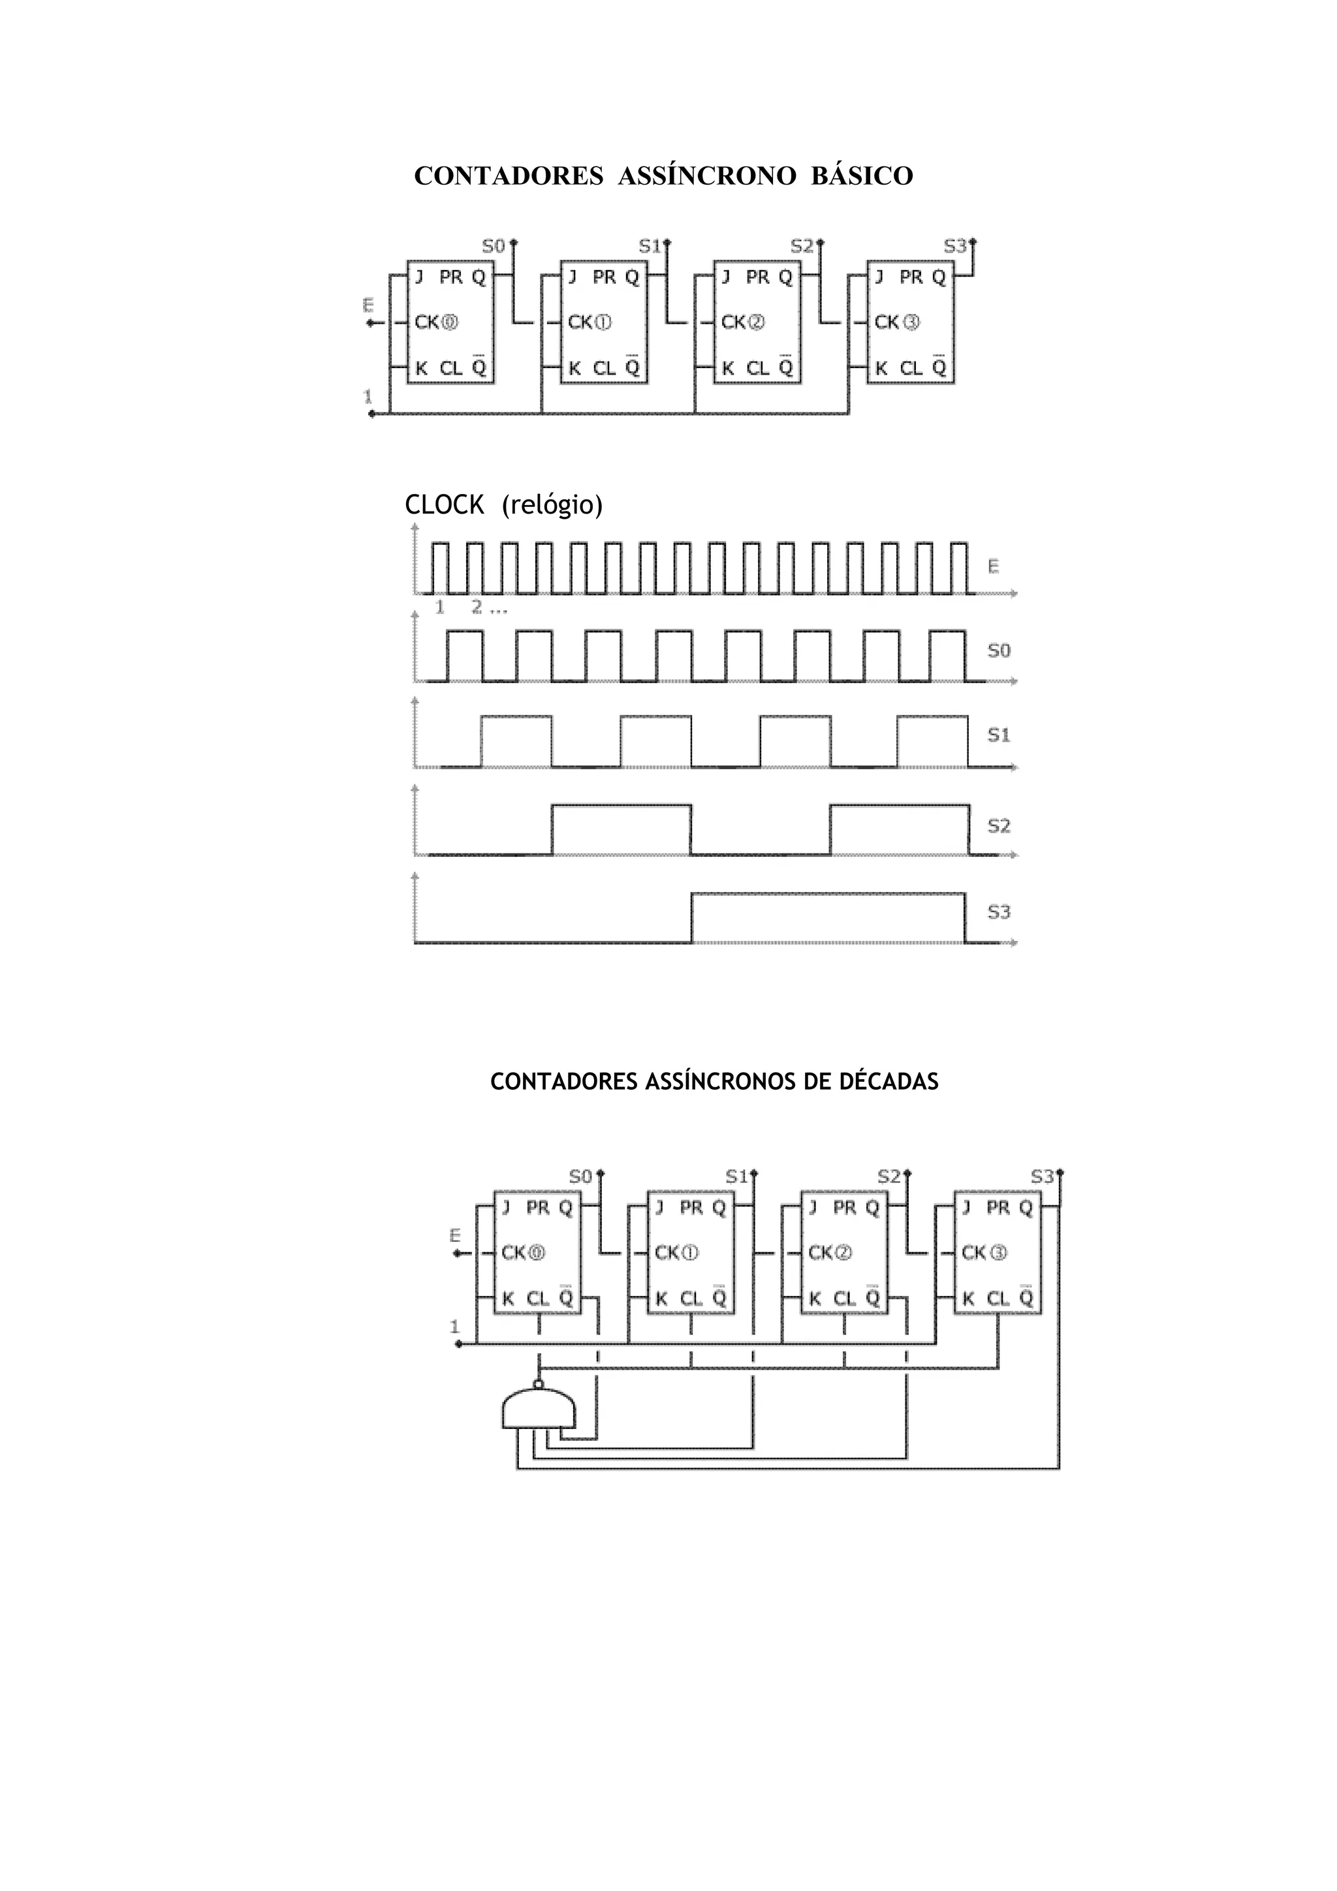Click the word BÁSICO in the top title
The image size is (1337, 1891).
(862, 176)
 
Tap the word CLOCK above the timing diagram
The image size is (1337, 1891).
(444, 505)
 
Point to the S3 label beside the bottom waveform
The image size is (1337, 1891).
(998, 912)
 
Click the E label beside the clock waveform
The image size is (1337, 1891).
(994, 566)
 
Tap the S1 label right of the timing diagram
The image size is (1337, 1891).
(998, 735)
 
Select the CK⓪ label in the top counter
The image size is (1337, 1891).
(436, 322)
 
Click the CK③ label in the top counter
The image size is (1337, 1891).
(896, 322)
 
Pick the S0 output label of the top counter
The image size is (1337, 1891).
(493, 245)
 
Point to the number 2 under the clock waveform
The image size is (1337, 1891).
(476, 607)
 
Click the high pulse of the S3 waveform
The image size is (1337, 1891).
(828, 916)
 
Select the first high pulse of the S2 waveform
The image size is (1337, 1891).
(621, 829)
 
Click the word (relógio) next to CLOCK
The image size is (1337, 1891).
(552, 505)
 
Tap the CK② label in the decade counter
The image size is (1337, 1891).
(830, 1252)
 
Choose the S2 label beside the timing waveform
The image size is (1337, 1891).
(998, 825)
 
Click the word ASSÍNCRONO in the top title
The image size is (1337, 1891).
(707, 176)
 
